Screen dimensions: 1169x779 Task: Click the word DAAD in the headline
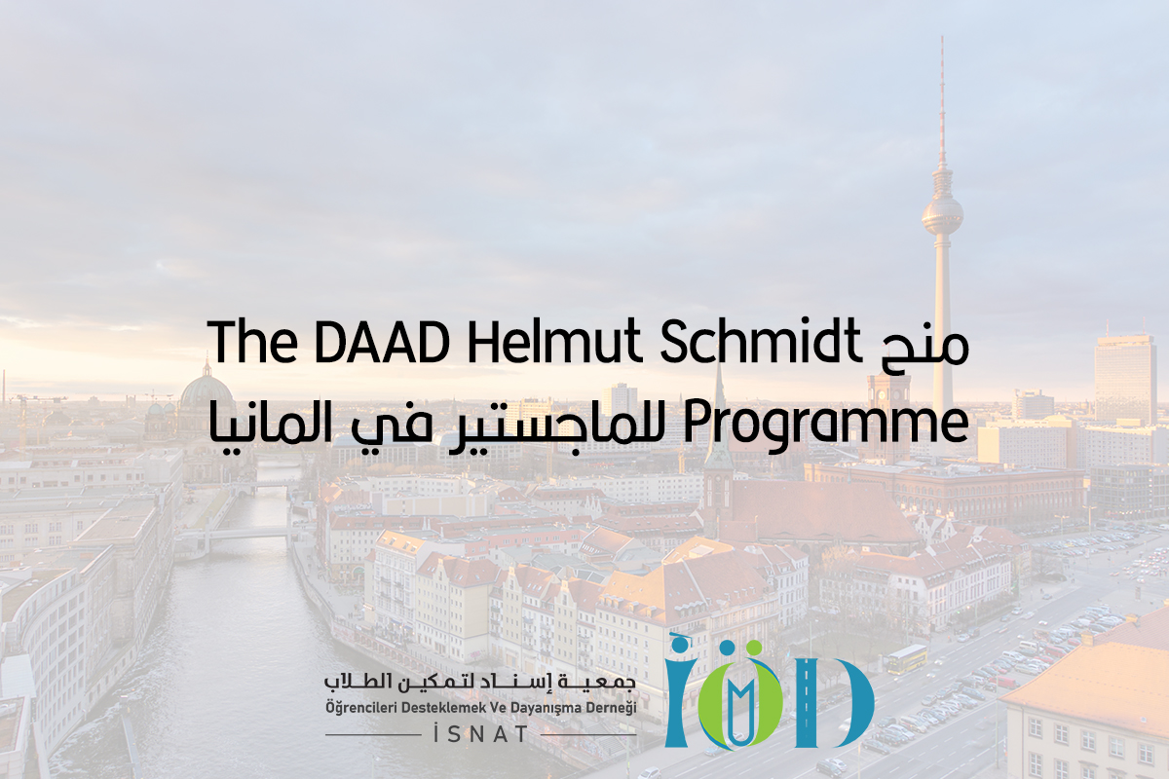[x=382, y=343]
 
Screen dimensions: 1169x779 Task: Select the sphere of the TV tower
[x=942, y=215]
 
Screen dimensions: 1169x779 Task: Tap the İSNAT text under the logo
[x=481, y=734]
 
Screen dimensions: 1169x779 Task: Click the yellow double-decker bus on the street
[x=905, y=659]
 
